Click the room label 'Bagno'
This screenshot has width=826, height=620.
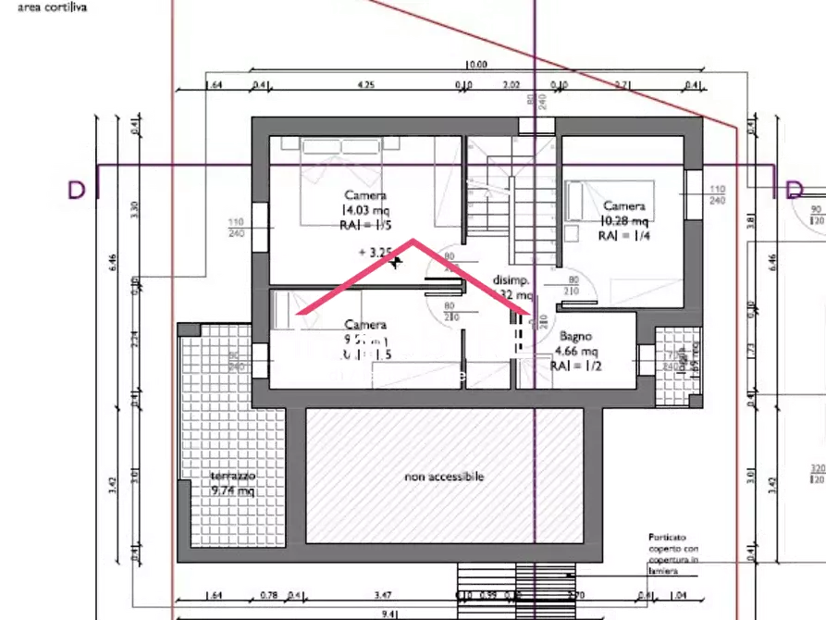pyautogui.click(x=574, y=338)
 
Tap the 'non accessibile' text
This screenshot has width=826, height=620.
pyautogui.click(x=444, y=477)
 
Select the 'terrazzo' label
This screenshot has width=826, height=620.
pyautogui.click(x=232, y=476)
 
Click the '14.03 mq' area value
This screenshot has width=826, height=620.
pyautogui.click(x=366, y=210)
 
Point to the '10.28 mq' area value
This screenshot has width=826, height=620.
pyautogui.click(x=624, y=220)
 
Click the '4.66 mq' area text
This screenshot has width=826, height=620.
pyautogui.click(x=575, y=352)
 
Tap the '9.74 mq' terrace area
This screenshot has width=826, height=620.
pyautogui.click(x=232, y=490)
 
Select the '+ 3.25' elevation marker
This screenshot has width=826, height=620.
pyautogui.click(x=376, y=251)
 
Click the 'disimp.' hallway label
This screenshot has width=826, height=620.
pyautogui.click(x=510, y=280)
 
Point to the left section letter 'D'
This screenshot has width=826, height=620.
pyautogui.click(x=76, y=190)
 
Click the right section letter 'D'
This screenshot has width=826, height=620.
pyautogui.click(x=793, y=190)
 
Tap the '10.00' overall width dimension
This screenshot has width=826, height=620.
pyautogui.click(x=475, y=65)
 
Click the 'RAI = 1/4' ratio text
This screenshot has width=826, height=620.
pyautogui.click(x=623, y=236)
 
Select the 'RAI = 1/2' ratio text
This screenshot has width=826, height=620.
pyautogui.click(x=575, y=366)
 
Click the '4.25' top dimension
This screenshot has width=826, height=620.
pyautogui.click(x=366, y=85)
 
